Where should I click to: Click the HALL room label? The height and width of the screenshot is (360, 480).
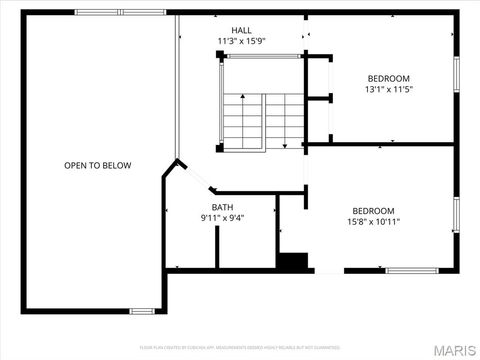pos(241,30)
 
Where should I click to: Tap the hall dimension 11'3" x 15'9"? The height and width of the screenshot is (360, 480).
pos(241,41)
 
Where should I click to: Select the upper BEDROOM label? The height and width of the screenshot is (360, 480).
pos(388,78)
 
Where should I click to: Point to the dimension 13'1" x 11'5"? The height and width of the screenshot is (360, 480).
pos(388,89)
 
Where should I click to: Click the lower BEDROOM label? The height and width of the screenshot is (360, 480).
pos(373,210)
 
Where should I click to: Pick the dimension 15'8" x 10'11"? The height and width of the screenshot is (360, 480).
pos(375,222)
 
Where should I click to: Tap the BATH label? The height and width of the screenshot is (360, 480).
pos(221,207)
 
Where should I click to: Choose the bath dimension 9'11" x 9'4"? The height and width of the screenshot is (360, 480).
pos(222,218)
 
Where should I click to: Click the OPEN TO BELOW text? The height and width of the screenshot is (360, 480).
pos(97,165)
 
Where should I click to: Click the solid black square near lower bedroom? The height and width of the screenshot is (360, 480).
pos(293,262)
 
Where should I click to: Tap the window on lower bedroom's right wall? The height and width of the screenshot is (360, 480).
pos(455,213)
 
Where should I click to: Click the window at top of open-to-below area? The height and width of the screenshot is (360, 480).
pos(105,12)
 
